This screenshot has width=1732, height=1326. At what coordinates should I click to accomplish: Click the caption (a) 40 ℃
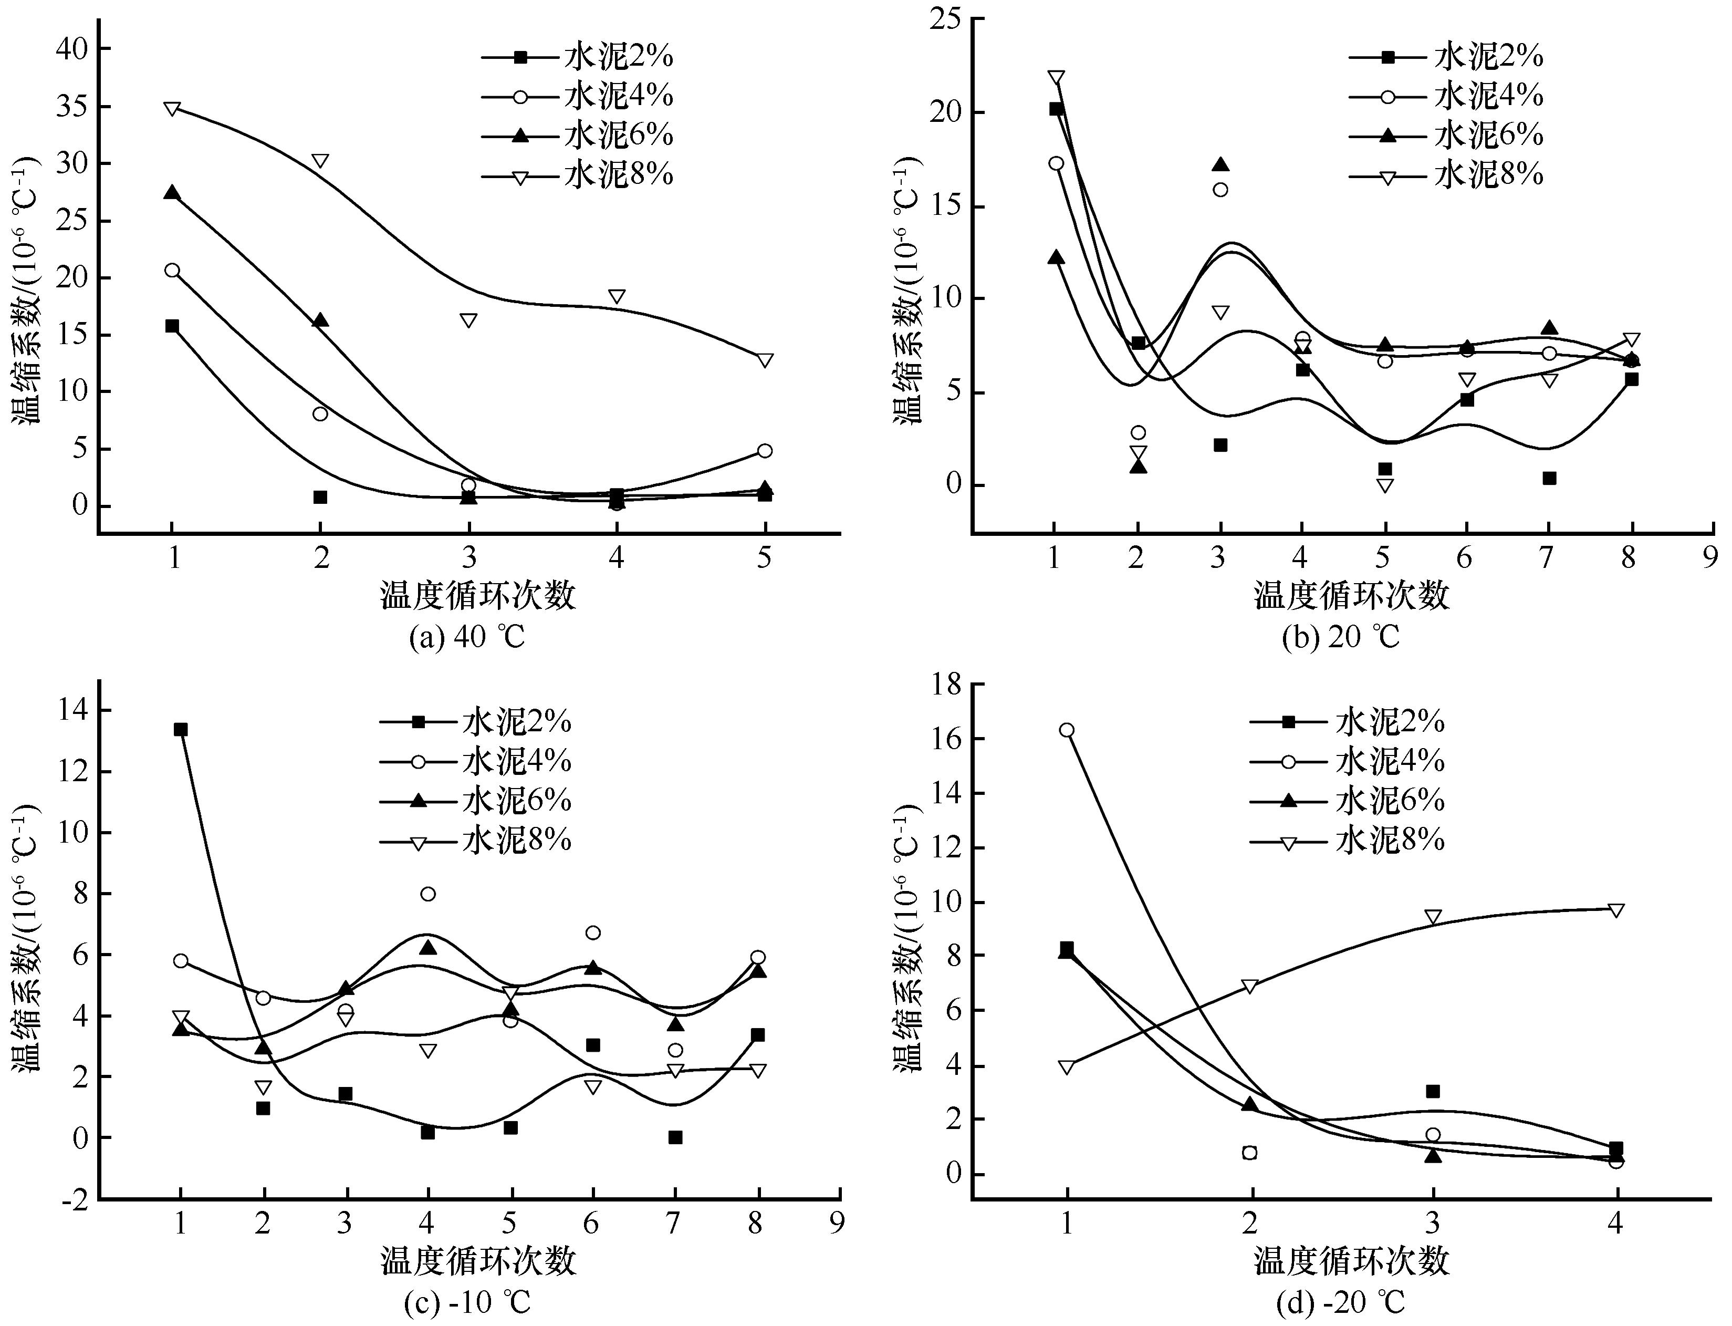pos(467,636)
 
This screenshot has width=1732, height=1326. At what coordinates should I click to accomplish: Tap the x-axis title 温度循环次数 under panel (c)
pos(478,1260)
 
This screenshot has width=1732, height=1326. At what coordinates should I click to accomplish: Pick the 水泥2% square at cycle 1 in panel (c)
pos(181,729)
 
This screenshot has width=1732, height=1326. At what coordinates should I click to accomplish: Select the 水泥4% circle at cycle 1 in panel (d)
pos(1067,730)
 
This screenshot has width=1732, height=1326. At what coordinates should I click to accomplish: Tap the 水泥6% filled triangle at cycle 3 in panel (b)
pos(1220,164)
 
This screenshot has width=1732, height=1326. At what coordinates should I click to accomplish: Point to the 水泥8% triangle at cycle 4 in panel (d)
pos(1615,910)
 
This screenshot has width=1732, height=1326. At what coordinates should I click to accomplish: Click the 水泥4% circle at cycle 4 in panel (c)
pos(427,894)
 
